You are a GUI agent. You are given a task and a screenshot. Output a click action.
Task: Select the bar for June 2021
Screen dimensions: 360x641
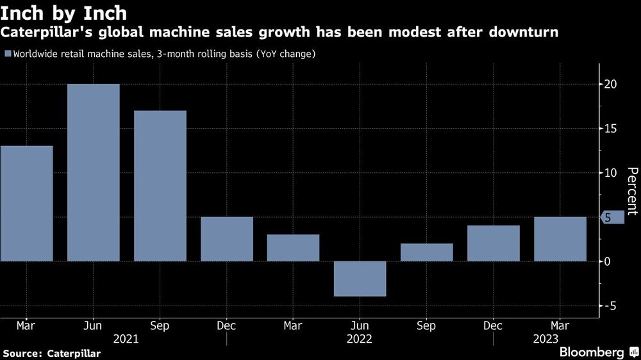[x=94, y=172]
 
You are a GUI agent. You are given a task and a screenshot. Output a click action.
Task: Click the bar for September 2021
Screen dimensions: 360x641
[x=160, y=186]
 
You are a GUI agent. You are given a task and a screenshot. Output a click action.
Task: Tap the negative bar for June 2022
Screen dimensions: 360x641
[x=360, y=279]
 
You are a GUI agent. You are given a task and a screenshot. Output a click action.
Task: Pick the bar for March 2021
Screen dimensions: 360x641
[x=27, y=204]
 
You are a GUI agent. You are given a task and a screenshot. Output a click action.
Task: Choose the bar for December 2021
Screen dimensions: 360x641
[x=227, y=239]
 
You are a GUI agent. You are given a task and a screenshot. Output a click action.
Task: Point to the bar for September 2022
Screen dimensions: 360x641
[x=427, y=252]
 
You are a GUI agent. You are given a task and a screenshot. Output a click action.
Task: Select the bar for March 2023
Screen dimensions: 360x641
[x=560, y=239]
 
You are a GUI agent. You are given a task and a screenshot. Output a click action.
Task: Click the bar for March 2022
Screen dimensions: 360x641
[x=294, y=248]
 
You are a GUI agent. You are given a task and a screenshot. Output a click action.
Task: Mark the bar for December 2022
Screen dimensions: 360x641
[x=494, y=243]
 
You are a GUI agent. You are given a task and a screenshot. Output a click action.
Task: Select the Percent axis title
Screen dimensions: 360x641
[x=632, y=191]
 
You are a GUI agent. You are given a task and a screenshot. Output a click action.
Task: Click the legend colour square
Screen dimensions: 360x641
[x=8, y=54]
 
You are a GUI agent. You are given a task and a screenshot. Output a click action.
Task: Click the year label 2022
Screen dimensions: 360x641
[x=360, y=340]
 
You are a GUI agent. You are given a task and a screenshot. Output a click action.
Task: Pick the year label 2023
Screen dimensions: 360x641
[x=545, y=340]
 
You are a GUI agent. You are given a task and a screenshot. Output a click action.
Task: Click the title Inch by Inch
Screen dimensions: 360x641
[x=64, y=12]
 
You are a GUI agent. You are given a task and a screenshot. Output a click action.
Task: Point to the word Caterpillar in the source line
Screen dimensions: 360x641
[x=73, y=353]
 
